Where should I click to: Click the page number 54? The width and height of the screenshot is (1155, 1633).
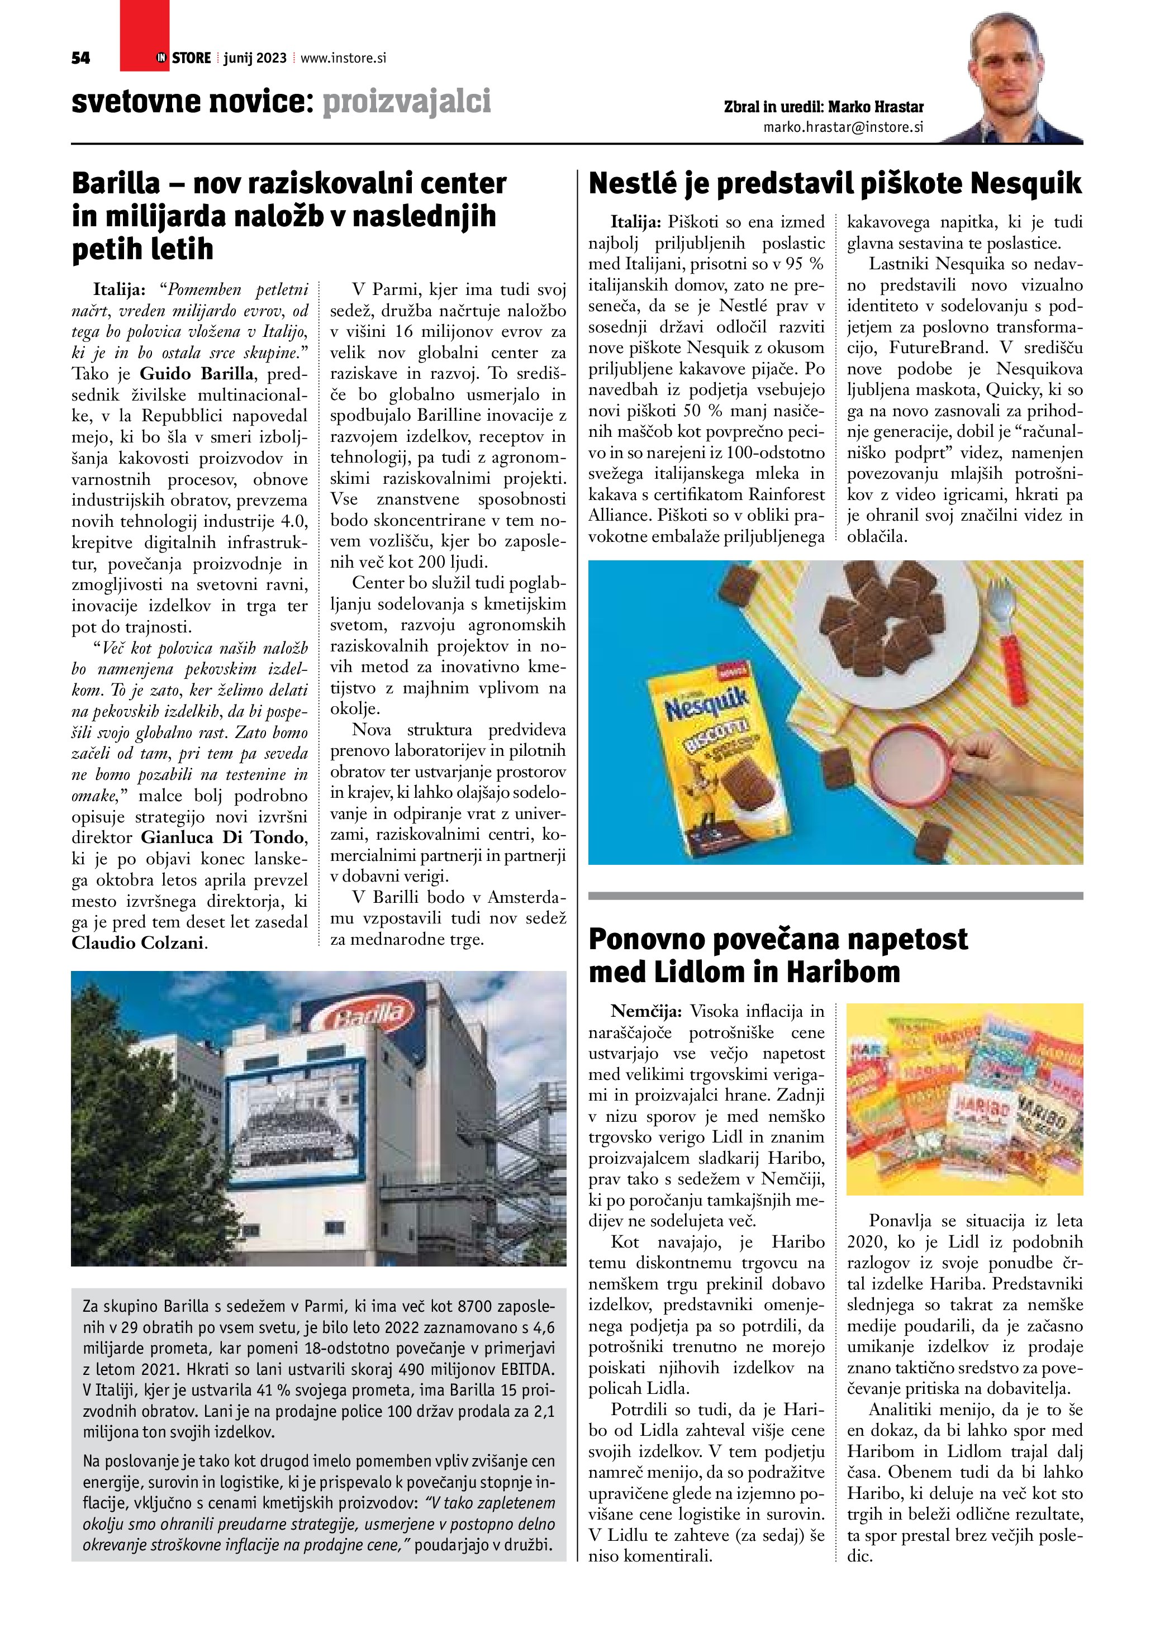tap(81, 58)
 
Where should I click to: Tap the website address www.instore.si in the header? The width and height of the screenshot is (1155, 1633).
tap(344, 58)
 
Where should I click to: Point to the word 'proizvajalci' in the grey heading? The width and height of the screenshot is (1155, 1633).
tap(407, 102)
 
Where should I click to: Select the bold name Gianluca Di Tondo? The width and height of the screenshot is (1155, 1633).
tap(224, 837)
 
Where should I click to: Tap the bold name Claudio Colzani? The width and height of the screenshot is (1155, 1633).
tap(138, 943)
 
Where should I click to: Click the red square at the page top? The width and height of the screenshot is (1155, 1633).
tap(144, 36)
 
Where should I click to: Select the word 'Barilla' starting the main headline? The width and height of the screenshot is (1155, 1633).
tap(116, 183)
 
